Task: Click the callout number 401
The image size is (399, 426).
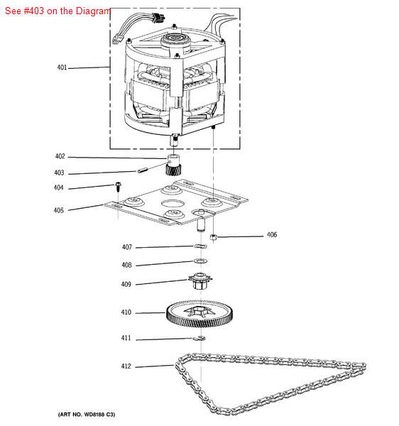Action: pyautogui.click(x=62, y=67)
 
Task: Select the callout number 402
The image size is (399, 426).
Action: pyautogui.click(x=60, y=156)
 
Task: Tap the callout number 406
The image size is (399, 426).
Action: pyautogui.click(x=272, y=235)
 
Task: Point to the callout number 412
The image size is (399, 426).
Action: pyautogui.click(x=126, y=366)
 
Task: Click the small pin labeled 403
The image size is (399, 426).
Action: pyautogui.click(x=142, y=170)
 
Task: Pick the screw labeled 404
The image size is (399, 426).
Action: pyautogui.click(x=118, y=186)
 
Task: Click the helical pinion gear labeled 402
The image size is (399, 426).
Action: pyautogui.click(x=173, y=165)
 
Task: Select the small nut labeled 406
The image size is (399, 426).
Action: pyautogui.click(x=213, y=237)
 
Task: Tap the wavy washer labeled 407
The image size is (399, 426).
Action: pyautogui.click(x=200, y=246)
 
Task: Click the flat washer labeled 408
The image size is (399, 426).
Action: pyautogui.click(x=200, y=261)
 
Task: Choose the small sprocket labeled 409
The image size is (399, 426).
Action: pyautogui.click(x=200, y=281)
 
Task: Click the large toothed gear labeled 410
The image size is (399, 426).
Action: pyautogui.click(x=199, y=314)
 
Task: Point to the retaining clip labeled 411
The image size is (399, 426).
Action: pyautogui.click(x=199, y=338)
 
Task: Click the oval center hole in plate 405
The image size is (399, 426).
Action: pyautogui.click(x=173, y=203)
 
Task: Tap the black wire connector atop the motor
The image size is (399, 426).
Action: pyautogui.click(x=158, y=18)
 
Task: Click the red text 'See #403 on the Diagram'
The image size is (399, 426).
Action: pyautogui.click(x=58, y=11)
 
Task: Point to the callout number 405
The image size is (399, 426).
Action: pyautogui.click(x=59, y=210)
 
